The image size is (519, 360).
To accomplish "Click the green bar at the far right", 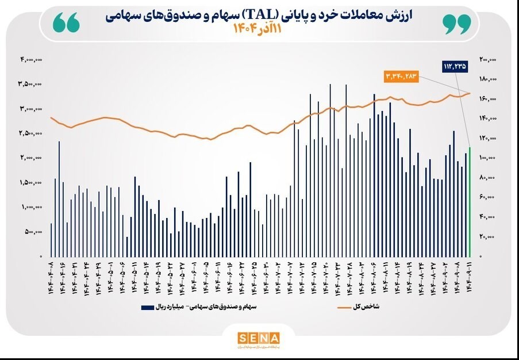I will (x=470, y=202).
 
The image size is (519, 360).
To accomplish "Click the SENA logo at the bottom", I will (x=259, y=338).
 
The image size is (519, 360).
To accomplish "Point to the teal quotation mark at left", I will (x=66, y=24).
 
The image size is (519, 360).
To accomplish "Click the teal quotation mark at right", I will (x=457, y=24).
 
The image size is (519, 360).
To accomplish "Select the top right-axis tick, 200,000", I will (x=488, y=59).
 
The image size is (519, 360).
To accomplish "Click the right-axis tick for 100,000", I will (x=488, y=158).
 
